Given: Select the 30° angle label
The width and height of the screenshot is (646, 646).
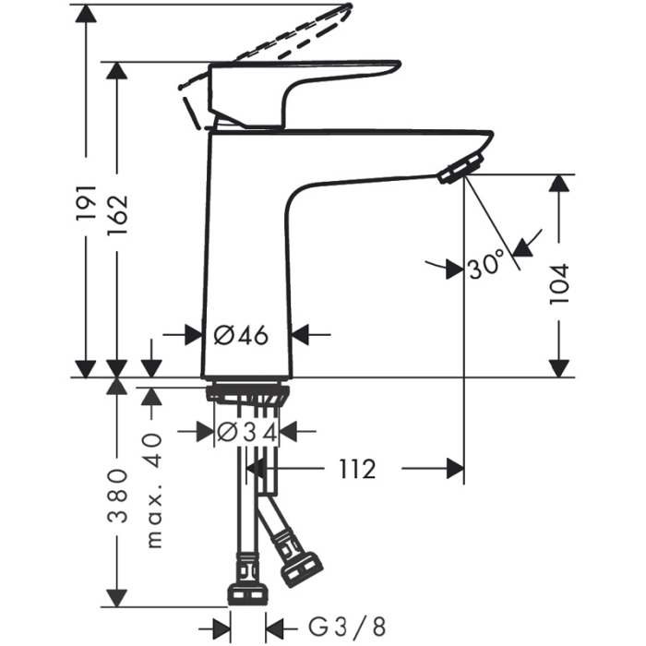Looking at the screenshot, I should coord(487,267).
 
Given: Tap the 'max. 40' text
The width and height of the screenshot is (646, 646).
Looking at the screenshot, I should coord(154,489).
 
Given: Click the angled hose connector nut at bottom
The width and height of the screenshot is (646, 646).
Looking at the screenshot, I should coord(301,568).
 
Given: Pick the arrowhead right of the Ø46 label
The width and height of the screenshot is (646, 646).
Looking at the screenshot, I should coord(305,335).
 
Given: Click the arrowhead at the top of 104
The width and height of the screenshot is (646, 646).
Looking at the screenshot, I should coord(559,183).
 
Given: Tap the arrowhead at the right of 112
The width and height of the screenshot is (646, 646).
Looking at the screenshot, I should coord(453,470).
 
